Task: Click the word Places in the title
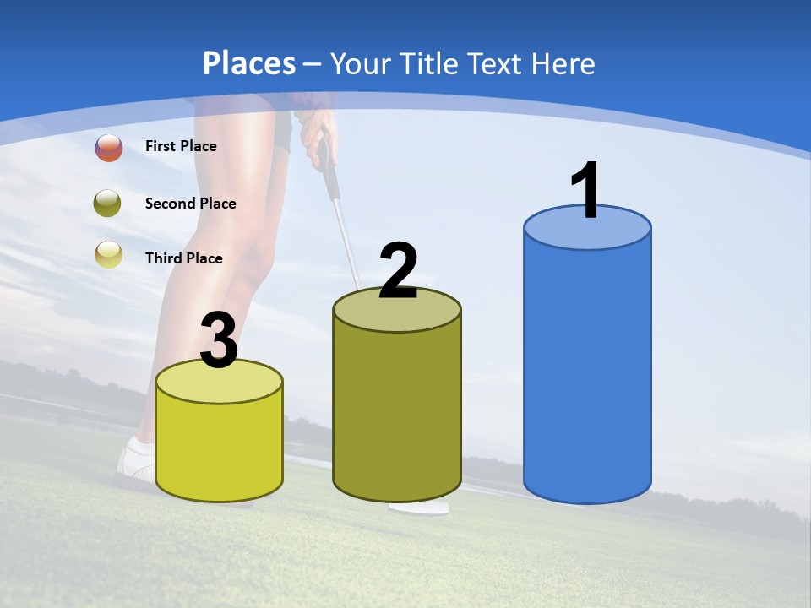tap(249, 63)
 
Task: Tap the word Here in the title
tap(563, 63)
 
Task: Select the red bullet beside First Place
tap(109, 148)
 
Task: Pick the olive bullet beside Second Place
tap(109, 203)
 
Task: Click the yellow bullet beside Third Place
tap(109, 255)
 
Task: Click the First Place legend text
tap(181, 146)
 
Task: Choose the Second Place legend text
tap(190, 204)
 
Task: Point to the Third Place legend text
tap(184, 258)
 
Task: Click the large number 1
tap(586, 191)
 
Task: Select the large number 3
tap(219, 341)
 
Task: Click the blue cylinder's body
tap(587, 372)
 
